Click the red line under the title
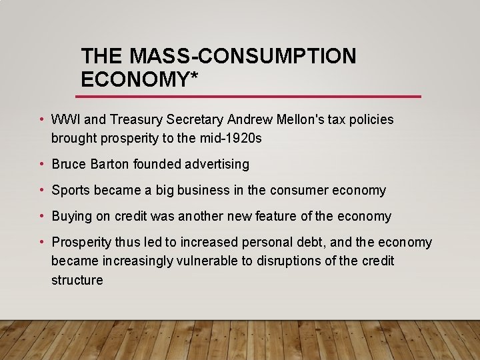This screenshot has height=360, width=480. [x=251, y=97]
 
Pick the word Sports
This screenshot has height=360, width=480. [x=71, y=191]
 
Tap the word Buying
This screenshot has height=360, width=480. [x=71, y=217]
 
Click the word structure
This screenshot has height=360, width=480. [x=77, y=280]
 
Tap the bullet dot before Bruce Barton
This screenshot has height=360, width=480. [x=42, y=164]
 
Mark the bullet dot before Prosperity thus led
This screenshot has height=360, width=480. [x=42, y=243]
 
